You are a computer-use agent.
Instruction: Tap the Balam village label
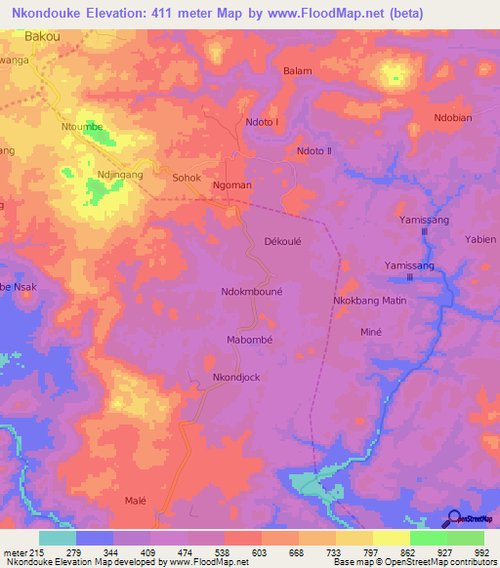[297, 71]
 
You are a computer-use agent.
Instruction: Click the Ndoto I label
[262, 122]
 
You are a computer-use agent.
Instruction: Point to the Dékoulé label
[285, 240]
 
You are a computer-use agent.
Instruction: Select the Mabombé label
[248, 340]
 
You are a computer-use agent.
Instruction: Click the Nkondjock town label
[236, 377]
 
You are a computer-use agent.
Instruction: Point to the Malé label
[135, 501]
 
